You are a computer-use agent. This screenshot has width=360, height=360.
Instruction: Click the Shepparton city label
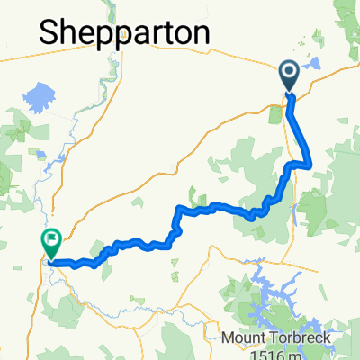coord(125,33)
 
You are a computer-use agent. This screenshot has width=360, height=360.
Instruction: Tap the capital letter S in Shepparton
coord(50,32)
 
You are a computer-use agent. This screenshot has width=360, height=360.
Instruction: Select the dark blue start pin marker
coord(291,76)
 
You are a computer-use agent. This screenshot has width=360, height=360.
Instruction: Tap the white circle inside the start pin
coord(291,72)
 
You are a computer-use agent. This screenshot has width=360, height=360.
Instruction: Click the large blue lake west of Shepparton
coord(39,94)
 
